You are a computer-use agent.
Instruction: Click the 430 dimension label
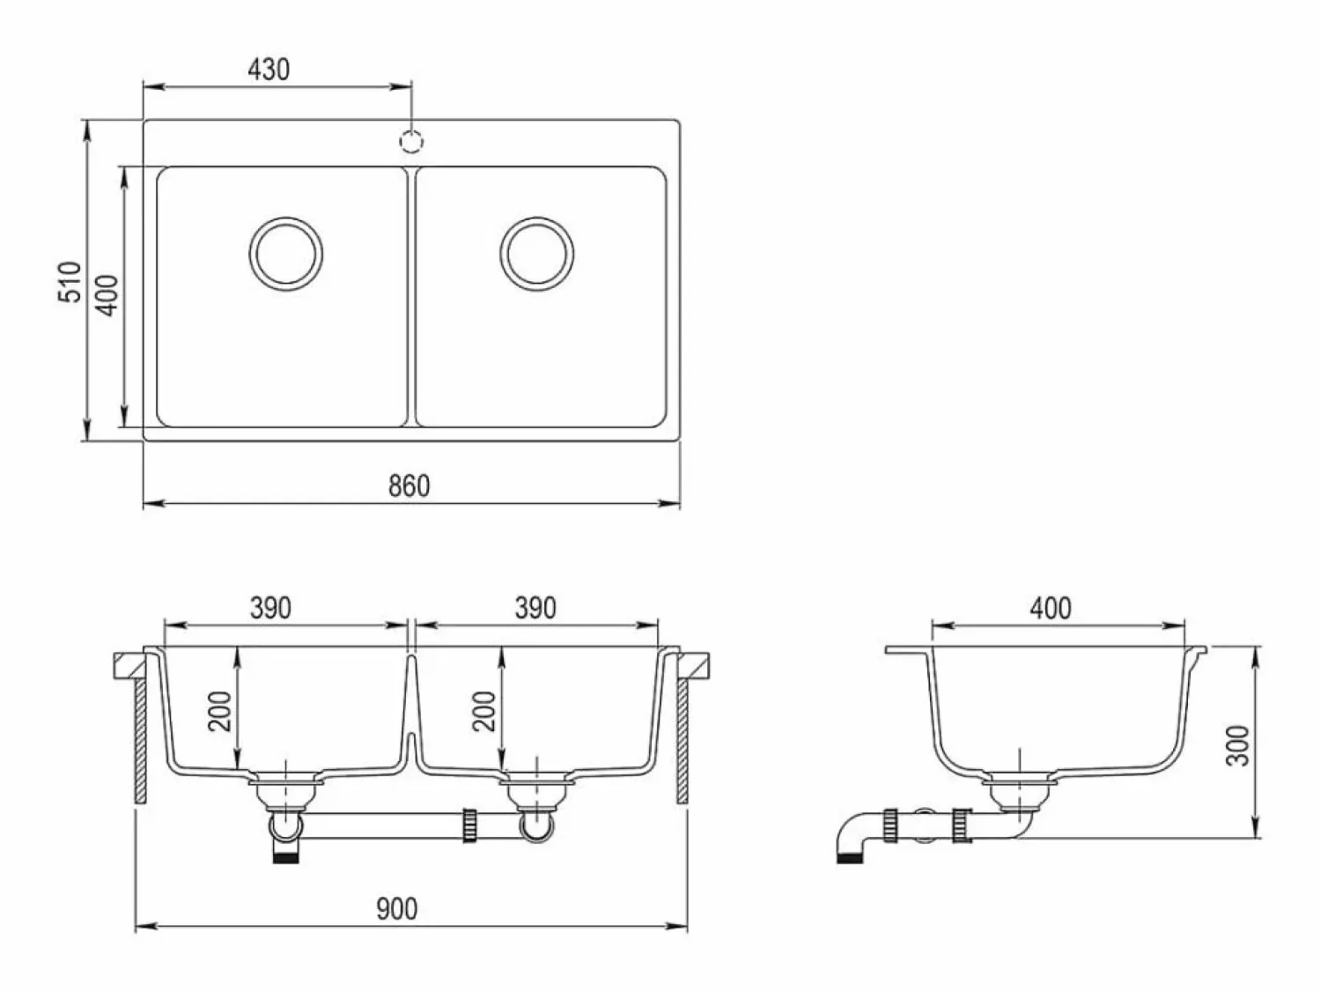(x=269, y=70)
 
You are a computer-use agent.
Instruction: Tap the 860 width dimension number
(x=410, y=486)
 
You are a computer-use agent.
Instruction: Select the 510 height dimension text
(x=70, y=282)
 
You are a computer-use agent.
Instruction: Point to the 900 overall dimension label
(x=396, y=909)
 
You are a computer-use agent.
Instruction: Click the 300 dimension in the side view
(x=1237, y=746)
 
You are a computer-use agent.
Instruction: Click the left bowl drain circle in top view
(x=286, y=254)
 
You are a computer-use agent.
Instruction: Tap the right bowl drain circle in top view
(x=536, y=254)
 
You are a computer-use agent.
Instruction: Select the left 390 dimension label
(x=271, y=609)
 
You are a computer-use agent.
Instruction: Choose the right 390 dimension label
(x=535, y=609)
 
